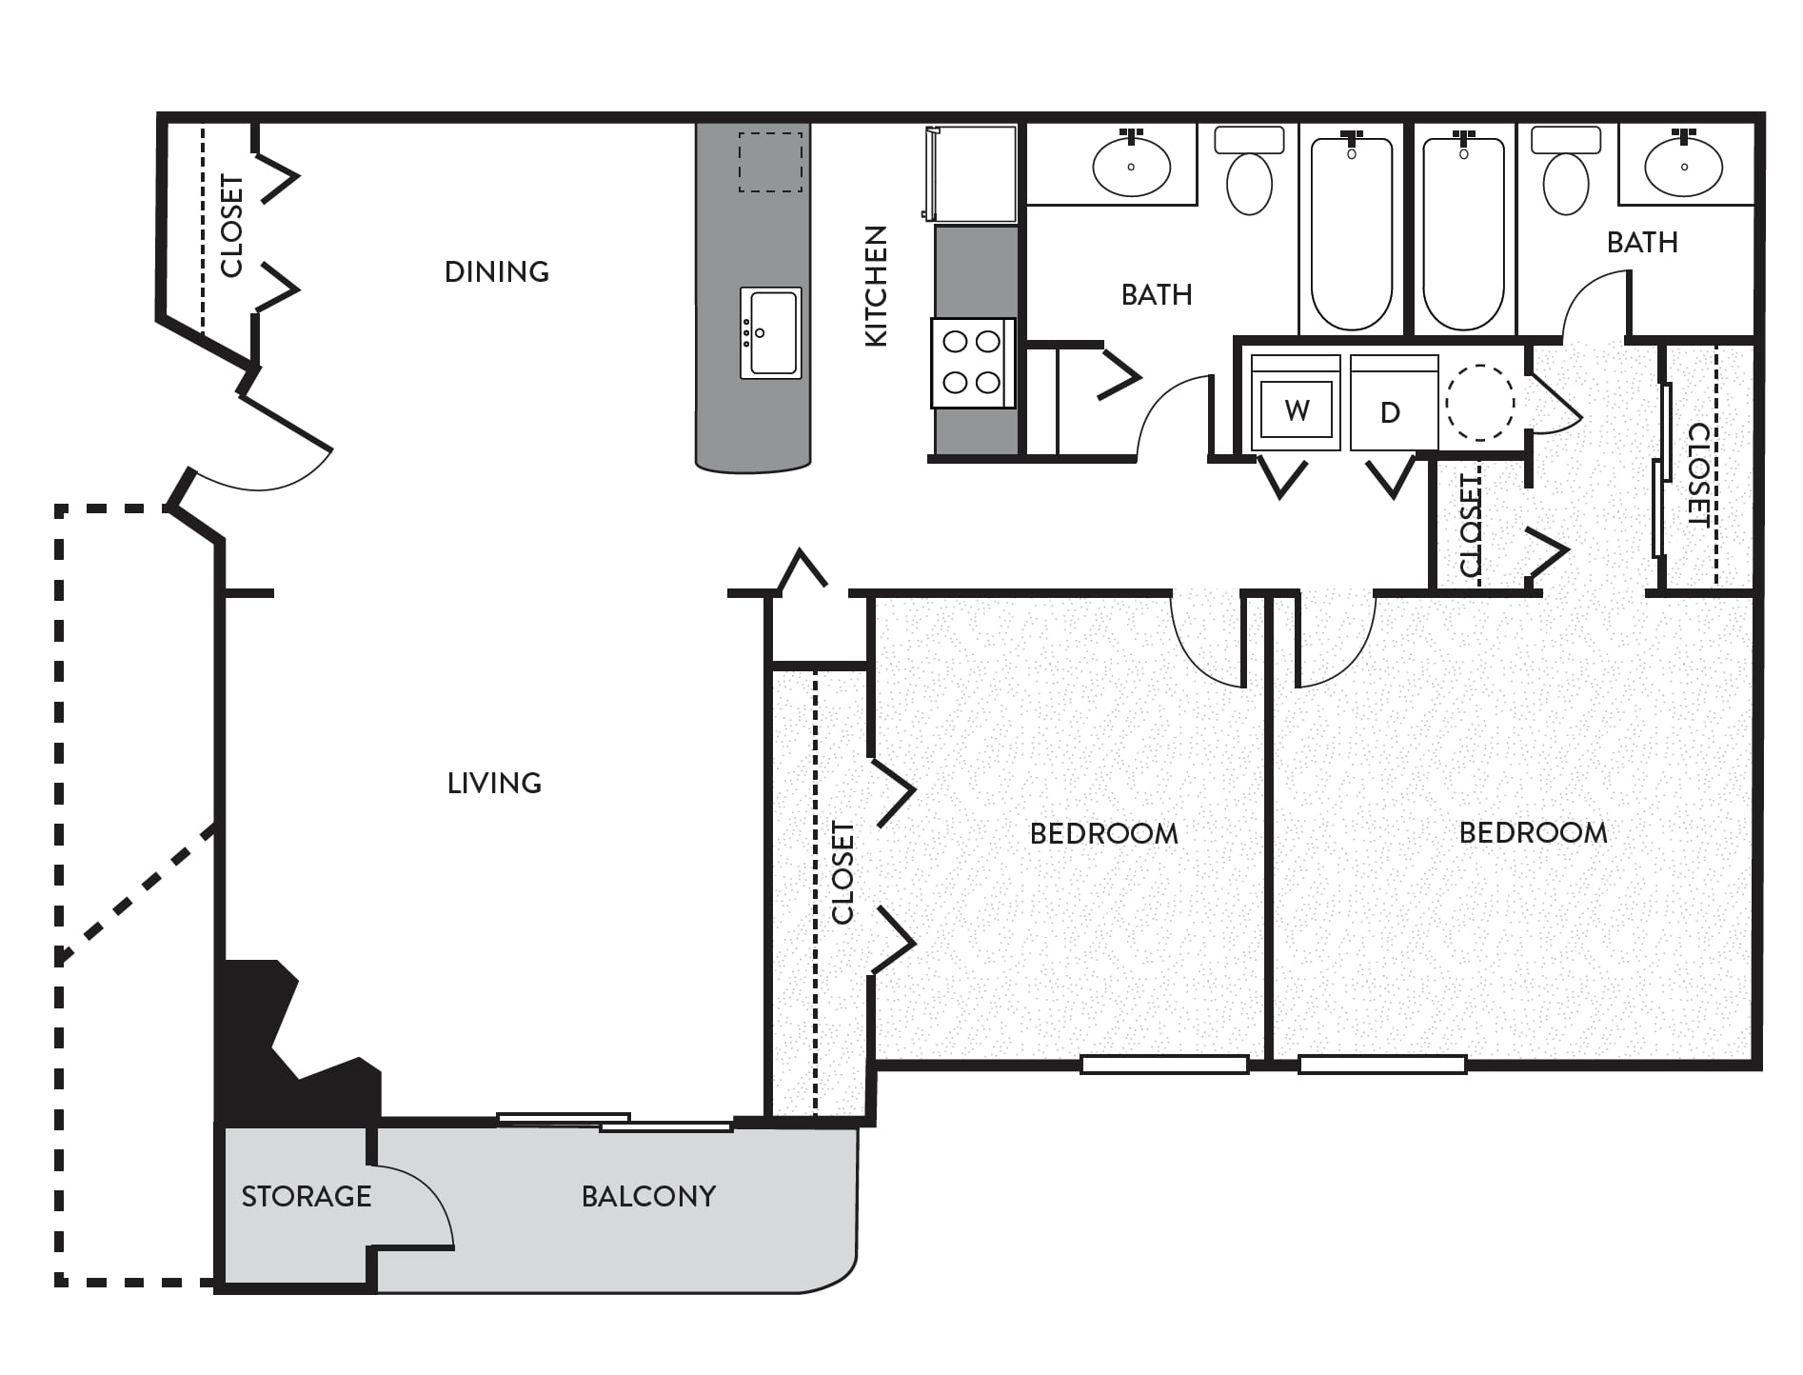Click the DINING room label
pyautogui.click(x=497, y=272)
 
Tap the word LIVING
pyautogui.click(x=494, y=784)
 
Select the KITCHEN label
pyautogui.click(x=876, y=286)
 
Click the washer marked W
pyautogui.click(x=1296, y=403)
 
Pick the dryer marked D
pyautogui.click(x=1394, y=403)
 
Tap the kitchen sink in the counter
pyautogui.click(x=771, y=332)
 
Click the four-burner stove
pyautogui.click(x=972, y=363)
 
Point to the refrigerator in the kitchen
pyautogui.click(x=970, y=173)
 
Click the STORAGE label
pyautogui.click(x=307, y=1196)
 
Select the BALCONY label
pyautogui.click(x=648, y=1196)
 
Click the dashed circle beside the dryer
pyautogui.click(x=1480, y=403)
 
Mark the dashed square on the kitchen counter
pyautogui.click(x=771, y=162)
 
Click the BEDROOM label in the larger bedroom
pyautogui.click(x=1534, y=833)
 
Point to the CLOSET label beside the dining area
pyautogui.click(x=231, y=226)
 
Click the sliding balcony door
pyautogui.click(x=615, y=1122)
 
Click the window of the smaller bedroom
pyautogui.click(x=1164, y=1065)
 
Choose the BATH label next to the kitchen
pyautogui.click(x=1157, y=295)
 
